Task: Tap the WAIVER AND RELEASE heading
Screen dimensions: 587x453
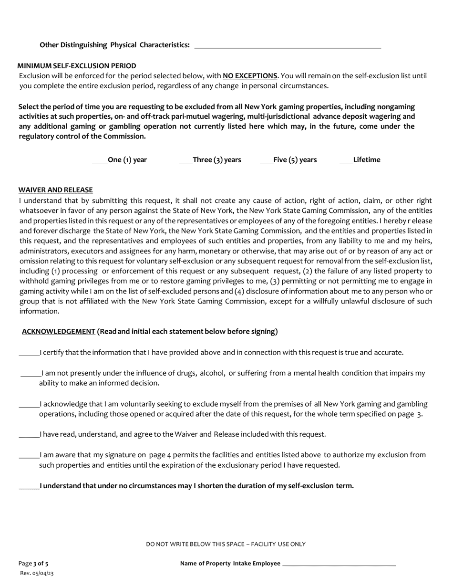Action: [56, 190]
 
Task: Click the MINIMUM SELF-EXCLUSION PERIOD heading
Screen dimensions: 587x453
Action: [77, 66]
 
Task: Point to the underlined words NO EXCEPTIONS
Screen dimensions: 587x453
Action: [250, 76]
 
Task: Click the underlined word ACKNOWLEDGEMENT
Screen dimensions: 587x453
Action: [59, 332]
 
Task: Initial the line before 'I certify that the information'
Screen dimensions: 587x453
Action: [29, 354]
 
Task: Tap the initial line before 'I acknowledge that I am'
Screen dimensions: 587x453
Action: [29, 406]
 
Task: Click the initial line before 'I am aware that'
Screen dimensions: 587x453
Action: [29, 457]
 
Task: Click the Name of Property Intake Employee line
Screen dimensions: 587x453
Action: [339, 565]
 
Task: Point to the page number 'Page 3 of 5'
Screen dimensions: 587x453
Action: [33, 564]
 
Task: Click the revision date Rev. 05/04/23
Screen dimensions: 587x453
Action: [37, 573]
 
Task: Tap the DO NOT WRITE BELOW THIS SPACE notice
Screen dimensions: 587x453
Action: [226, 544]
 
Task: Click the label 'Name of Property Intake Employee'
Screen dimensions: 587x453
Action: [230, 564]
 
